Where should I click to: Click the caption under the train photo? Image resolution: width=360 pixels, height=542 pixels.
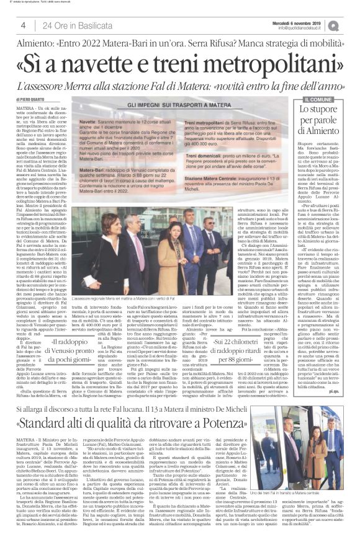click(x=312, y=492)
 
